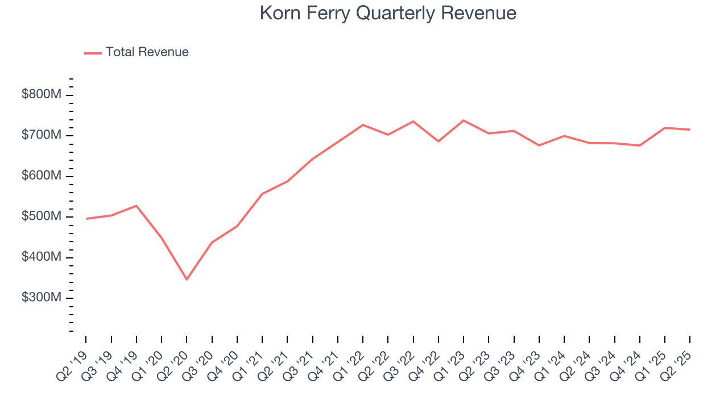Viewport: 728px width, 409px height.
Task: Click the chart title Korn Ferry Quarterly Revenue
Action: (x=388, y=13)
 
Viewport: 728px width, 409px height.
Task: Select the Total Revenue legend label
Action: (x=147, y=52)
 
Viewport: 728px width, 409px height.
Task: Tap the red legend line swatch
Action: (x=93, y=53)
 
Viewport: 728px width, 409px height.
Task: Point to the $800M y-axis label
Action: (x=41, y=95)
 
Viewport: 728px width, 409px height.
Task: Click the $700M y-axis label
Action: (x=41, y=135)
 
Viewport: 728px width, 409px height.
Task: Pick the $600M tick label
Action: (x=41, y=176)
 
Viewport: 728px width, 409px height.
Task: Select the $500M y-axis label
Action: (x=41, y=216)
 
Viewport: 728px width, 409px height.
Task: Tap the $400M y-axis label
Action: (x=41, y=257)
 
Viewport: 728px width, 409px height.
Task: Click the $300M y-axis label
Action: (x=41, y=298)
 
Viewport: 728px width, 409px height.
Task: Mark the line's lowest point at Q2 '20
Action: (x=187, y=279)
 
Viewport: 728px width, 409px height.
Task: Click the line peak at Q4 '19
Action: (x=136, y=206)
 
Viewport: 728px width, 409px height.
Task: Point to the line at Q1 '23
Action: (x=464, y=120)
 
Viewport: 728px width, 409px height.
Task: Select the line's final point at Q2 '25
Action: (x=690, y=130)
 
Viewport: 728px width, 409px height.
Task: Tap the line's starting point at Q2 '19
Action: (x=86, y=219)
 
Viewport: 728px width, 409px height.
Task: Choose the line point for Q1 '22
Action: (x=363, y=124)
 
